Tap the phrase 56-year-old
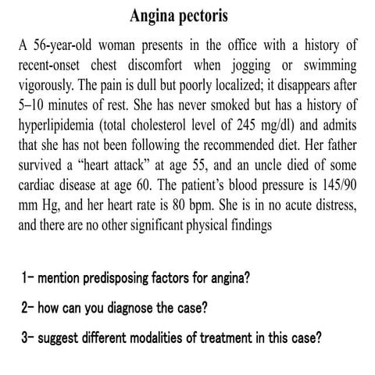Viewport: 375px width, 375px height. click(x=62, y=46)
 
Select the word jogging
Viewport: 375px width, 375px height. click(x=253, y=65)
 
